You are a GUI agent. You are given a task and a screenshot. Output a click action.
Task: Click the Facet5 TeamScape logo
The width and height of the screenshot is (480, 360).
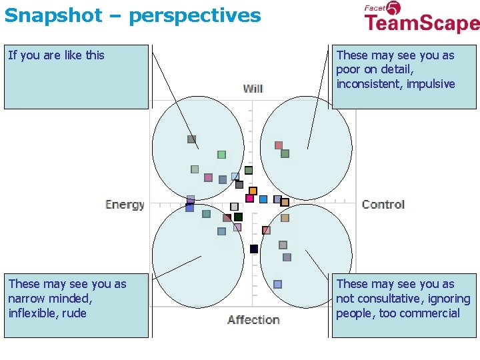421,18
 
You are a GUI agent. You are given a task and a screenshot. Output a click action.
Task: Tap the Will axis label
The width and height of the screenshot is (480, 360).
253,89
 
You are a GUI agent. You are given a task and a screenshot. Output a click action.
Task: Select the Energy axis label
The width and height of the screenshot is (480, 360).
125,204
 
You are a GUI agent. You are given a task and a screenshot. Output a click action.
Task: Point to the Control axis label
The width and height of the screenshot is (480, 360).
383,204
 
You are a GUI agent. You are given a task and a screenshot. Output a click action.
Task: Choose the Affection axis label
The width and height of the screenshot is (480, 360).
253,319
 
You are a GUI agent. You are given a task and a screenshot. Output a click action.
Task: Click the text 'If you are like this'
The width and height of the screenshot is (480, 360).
57,55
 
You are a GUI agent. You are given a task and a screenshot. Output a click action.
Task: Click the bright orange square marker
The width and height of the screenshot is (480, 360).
253,191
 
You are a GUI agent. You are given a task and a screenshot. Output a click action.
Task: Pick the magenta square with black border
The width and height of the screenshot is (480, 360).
249,198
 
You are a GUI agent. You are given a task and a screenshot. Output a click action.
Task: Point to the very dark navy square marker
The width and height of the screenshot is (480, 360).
254,249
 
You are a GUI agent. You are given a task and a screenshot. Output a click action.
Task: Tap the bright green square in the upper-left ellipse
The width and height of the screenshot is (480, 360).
221,155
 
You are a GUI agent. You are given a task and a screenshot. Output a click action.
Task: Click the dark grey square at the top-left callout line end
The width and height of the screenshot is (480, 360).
191,139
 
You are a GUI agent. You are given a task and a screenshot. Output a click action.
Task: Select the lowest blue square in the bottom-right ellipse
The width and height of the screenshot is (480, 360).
277,284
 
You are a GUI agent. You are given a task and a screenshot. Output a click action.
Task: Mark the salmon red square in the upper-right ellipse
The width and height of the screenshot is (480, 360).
279,145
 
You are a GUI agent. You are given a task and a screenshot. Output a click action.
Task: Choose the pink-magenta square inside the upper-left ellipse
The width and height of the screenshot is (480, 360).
208,177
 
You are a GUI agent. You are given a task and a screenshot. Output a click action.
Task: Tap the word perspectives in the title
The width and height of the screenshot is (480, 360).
195,15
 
